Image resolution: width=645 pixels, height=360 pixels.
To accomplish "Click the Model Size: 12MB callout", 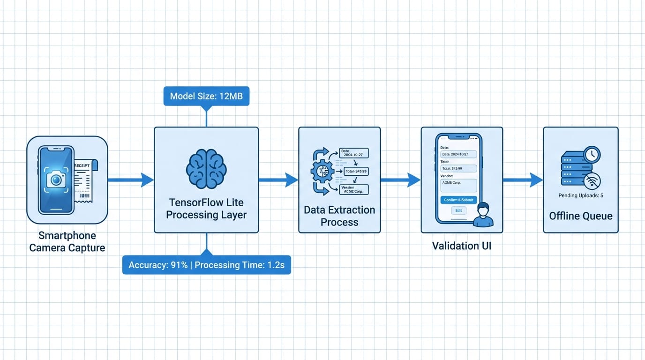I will [x=206, y=97].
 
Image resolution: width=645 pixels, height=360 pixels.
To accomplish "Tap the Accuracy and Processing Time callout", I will [x=206, y=265].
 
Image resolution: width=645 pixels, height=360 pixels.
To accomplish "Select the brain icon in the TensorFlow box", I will [x=206, y=169].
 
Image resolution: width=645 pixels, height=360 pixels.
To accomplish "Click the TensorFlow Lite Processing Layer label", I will [x=206, y=209].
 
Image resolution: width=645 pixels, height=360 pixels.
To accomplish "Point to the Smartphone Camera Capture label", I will [x=67, y=242].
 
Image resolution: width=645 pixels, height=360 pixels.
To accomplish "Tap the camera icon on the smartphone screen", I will [x=56, y=180].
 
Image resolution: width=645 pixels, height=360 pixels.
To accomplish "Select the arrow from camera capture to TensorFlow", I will [x=131, y=180].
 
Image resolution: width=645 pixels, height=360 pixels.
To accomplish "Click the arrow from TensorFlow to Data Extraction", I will [x=278, y=180].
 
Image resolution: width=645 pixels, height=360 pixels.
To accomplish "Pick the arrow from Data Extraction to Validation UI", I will [x=400, y=180].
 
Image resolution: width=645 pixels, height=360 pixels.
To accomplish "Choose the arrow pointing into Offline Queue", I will [x=523, y=180].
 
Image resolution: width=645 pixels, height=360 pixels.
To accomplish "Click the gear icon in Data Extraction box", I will [x=322, y=172].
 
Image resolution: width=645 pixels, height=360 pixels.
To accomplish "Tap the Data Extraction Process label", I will [x=339, y=216].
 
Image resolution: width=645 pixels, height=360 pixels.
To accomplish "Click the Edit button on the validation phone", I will [x=458, y=210].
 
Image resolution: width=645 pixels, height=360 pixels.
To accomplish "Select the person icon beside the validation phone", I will [x=483, y=216].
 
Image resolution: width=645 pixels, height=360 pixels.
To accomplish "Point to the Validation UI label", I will [x=461, y=246].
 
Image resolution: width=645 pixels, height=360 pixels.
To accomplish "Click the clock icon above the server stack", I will [x=592, y=154].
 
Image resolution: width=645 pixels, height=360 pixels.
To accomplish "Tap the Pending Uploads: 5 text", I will [x=581, y=195].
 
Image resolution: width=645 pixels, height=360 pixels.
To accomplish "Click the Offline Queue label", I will [x=581, y=216].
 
